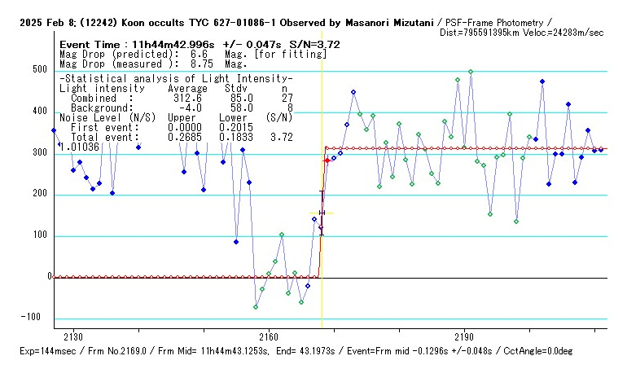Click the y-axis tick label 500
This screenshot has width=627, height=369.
point(38,71)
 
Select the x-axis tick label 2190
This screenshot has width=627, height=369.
point(464,336)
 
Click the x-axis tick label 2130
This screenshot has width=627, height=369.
point(73,336)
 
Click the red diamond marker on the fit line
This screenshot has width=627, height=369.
point(327,161)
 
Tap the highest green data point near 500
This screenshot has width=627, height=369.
point(471,72)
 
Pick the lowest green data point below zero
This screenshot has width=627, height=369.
point(256,307)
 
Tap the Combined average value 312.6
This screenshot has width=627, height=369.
point(186,99)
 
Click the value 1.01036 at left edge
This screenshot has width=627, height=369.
point(79,147)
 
